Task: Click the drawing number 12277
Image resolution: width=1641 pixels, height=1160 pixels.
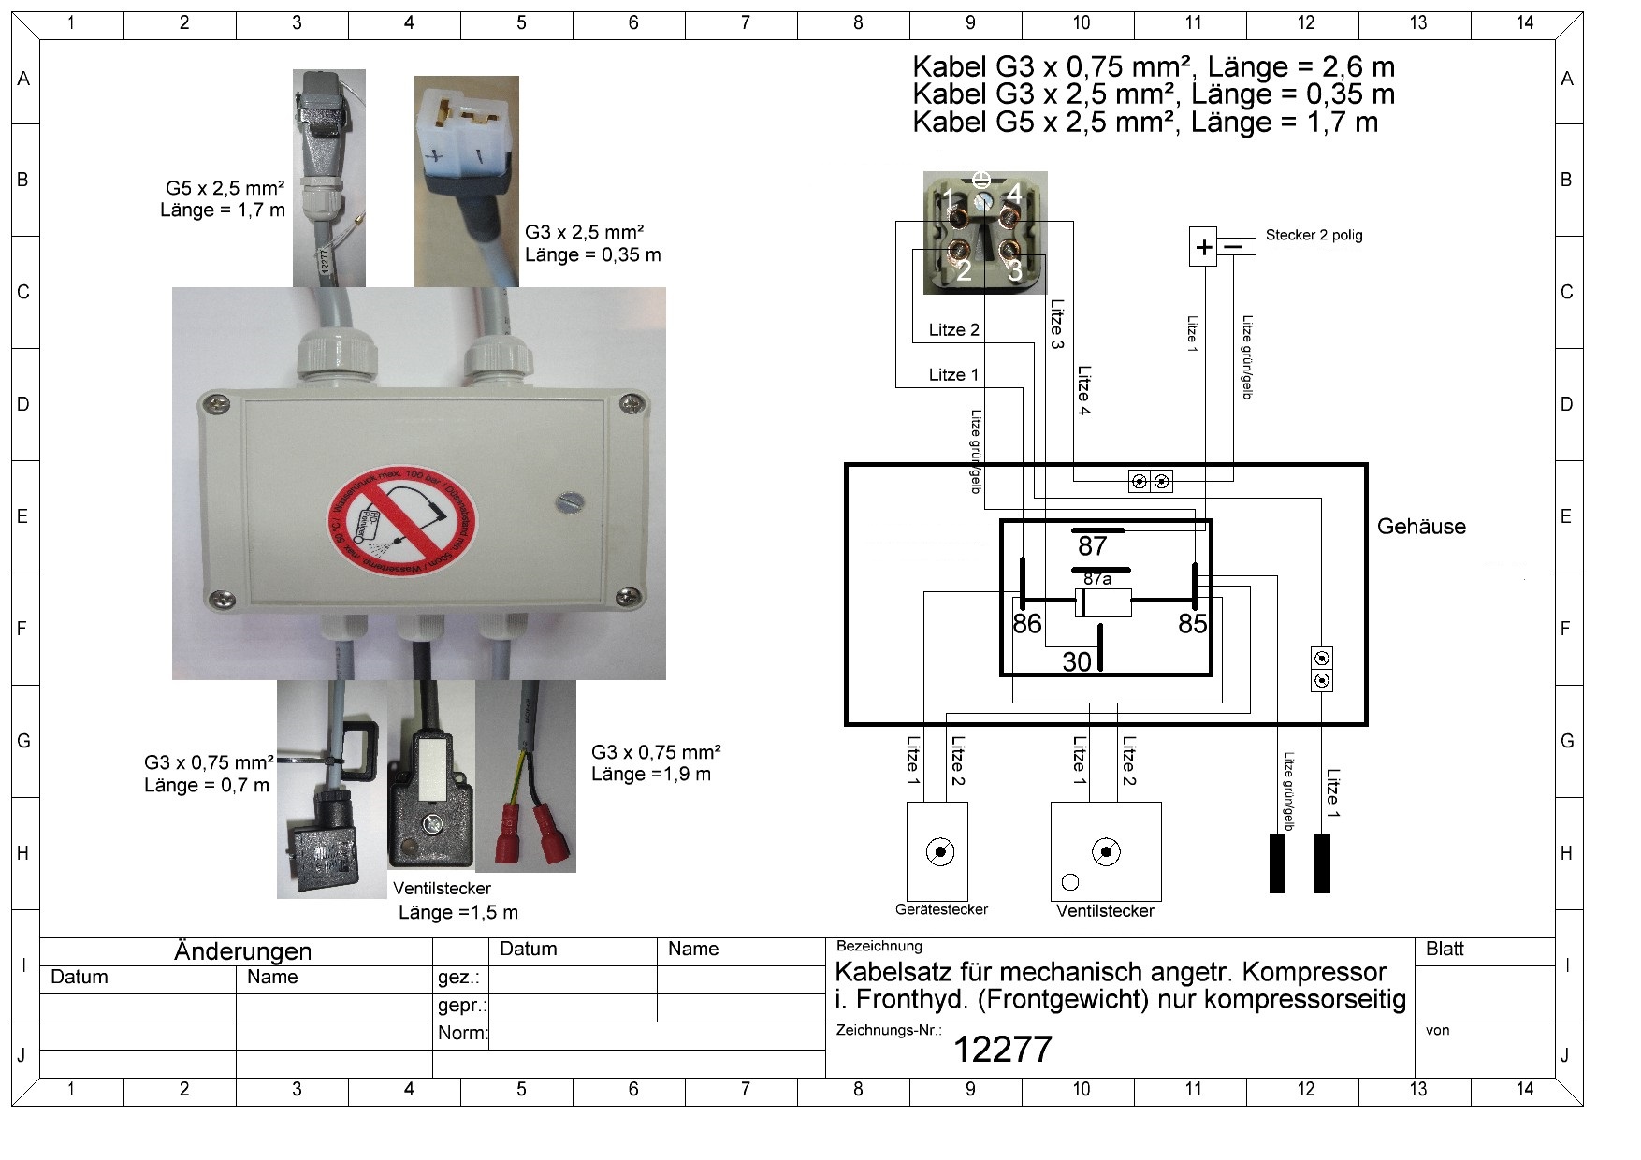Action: point(1002,1050)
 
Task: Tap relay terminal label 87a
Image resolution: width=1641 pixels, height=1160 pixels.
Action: point(1097,579)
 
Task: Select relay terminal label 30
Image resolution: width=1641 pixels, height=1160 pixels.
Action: point(1077,661)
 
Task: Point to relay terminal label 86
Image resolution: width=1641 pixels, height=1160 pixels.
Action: point(1026,624)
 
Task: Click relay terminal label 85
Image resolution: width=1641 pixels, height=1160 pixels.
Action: point(1192,624)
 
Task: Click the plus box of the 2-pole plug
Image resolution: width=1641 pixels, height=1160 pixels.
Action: point(1203,247)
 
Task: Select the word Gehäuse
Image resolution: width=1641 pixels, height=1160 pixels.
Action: point(1420,527)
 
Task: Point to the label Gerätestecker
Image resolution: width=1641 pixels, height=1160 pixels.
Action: point(940,909)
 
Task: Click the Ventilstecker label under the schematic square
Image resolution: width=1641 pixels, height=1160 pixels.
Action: point(1105,911)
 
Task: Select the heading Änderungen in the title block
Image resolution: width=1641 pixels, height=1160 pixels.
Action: point(242,951)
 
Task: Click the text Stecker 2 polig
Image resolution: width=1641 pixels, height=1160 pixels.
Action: point(1314,235)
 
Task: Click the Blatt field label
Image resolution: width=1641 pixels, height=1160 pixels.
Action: point(1444,950)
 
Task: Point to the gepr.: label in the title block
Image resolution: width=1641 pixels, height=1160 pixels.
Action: point(461,1007)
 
